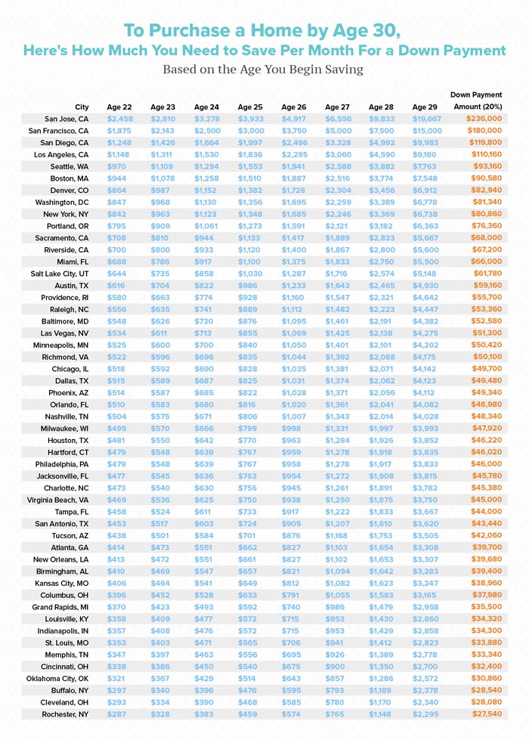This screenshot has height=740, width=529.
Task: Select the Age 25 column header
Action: coord(250,107)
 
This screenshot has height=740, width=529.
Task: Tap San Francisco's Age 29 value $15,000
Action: coord(427,131)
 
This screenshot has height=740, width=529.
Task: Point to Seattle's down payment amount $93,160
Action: coord(487,166)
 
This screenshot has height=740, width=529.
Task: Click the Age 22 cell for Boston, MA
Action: coord(116,178)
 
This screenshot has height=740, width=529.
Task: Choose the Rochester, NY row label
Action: coord(65,714)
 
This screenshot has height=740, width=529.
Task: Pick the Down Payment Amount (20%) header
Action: coord(478,101)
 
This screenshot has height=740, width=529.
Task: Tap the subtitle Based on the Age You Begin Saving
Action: coord(263,70)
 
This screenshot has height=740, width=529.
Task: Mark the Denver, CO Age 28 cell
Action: coord(382,190)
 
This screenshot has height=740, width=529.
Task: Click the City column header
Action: coord(82,107)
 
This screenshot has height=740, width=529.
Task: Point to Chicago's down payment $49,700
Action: coord(487,369)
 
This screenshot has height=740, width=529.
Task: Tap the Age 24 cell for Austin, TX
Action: coord(204,286)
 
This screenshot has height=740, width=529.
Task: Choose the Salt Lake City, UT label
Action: coord(60,274)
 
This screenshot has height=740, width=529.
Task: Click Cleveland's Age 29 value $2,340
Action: coord(425,702)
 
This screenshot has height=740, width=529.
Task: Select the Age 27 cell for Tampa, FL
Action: coord(337,512)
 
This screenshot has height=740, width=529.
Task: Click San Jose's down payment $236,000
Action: coord(484,119)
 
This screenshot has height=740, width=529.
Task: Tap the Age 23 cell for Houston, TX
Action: coord(160,441)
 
